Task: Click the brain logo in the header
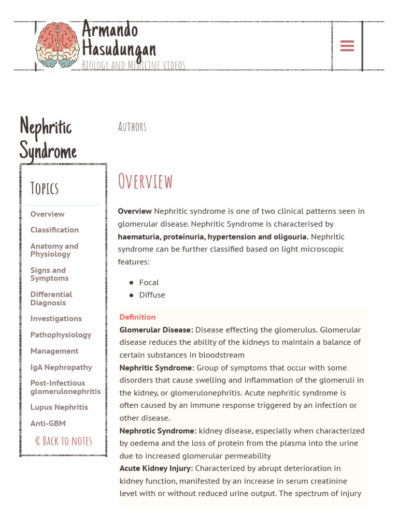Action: coord(58,45)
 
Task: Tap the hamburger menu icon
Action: coord(347,46)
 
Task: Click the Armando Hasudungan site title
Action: coord(118,39)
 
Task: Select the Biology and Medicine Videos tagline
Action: coord(133,65)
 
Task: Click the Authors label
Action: coord(132,127)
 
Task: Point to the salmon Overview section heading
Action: coord(145,182)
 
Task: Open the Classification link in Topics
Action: coord(54,230)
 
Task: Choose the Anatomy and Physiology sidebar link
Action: coord(54,250)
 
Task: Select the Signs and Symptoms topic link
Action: coord(49,274)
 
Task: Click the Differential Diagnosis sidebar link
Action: coord(51,299)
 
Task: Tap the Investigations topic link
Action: coord(56,319)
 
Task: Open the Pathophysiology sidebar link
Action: coord(61,335)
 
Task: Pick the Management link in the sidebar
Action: coord(54,351)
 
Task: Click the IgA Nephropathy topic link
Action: coord(61,367)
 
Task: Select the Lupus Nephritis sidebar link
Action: coord(59,407)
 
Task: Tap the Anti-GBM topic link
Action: coord(48,423)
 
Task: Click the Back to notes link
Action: coord(63,441)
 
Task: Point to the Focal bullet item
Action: coord(149,283)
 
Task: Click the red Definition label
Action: coord(137,317)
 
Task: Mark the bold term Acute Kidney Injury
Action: coord(156,468)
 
